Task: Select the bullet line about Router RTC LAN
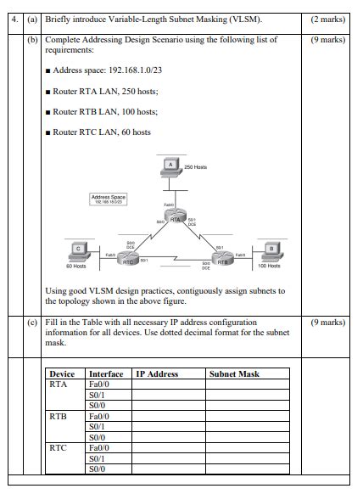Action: click(102, 132)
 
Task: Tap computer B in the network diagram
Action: click(270, 249)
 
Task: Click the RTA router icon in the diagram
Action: click(176, 219)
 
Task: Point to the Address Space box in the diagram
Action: click(109, 199)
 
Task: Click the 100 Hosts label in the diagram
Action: click(270, 266)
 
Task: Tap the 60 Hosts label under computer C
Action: click(75, 267)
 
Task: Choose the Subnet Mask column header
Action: click(234, 373)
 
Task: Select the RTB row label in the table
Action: click(59, 416)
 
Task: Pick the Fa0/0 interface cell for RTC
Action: click(99, 447)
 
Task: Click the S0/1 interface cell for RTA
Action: click(97, 395)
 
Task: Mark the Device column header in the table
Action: click(62, 373)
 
